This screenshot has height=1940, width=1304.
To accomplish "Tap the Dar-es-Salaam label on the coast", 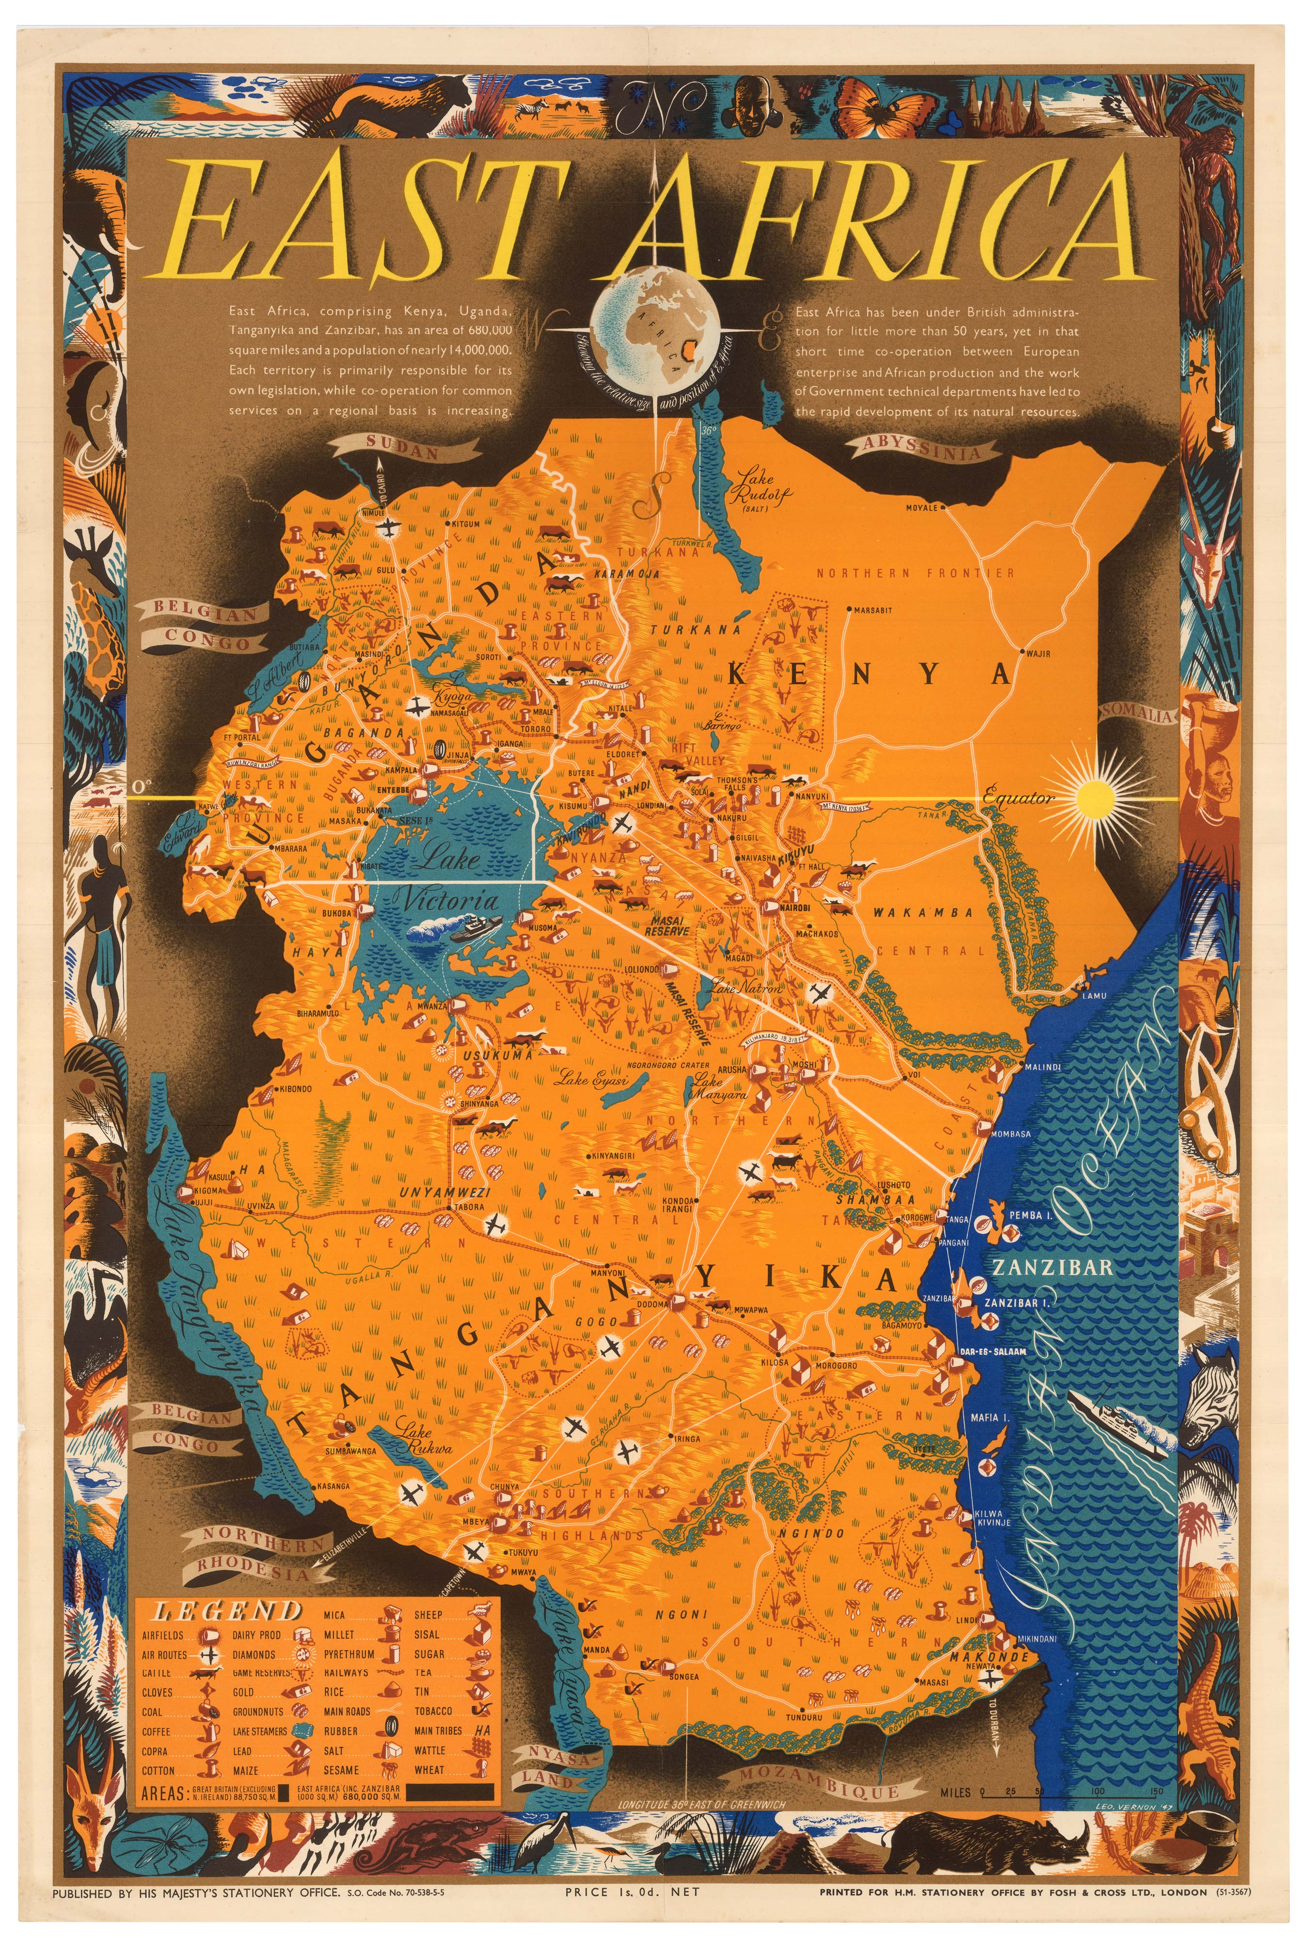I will [x=992, y=1351].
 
